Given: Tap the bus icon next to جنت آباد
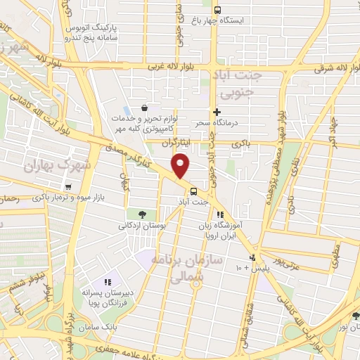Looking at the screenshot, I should [193, 191].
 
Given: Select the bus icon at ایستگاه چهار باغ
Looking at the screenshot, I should [217, 10].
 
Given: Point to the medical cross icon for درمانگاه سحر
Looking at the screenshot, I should [217, 112].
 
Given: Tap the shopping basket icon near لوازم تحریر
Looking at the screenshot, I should [144, 108].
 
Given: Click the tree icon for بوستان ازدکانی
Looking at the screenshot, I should [143, 214].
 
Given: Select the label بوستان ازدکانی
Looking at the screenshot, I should [143, 226].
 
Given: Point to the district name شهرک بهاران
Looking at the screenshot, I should [49, 167].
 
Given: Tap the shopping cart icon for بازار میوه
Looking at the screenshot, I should [68, 187].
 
